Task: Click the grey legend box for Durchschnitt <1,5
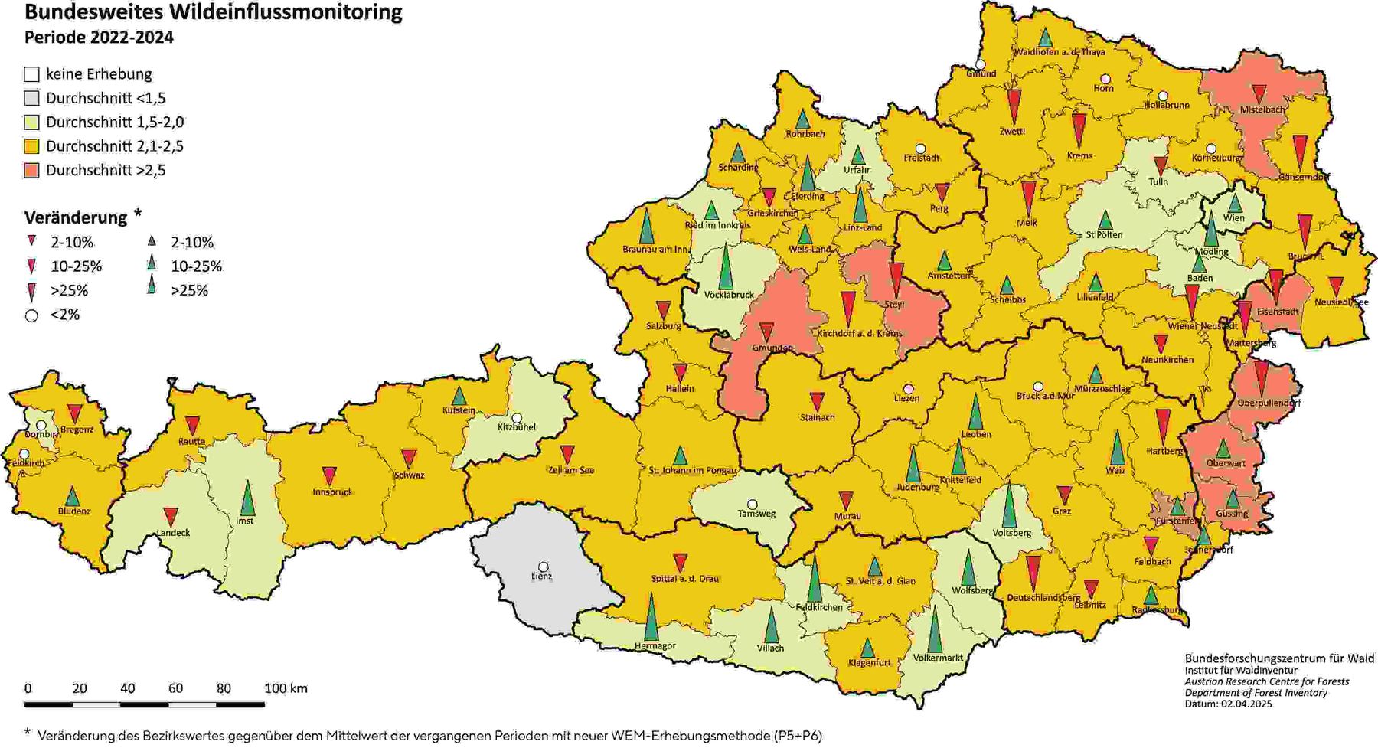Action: tap(31, 98)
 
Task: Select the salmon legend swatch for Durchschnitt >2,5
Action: tap(31, 170)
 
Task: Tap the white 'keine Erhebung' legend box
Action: tap(31, 74)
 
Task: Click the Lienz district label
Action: tap(541, 577)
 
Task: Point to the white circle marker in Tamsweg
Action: tap(753, 504)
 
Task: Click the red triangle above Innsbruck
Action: tap(329, 475)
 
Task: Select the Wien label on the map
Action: tap(1233, 218)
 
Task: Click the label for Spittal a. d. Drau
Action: tap(685, 579)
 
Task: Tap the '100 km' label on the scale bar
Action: tap(286, 688)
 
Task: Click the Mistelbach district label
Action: tap(1262, 110)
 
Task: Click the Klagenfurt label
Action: tap(869, 663)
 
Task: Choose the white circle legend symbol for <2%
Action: tap(31, 315)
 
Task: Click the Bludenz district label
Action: tap(74, 511)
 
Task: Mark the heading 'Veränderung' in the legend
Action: tap(76, 217)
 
